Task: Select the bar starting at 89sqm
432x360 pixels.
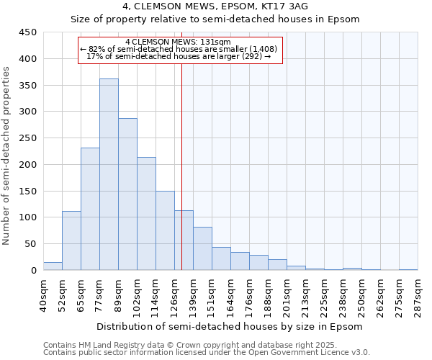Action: (127, 194)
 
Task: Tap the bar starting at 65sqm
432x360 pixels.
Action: (90, 209)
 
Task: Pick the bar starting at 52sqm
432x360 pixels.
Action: (71, 240)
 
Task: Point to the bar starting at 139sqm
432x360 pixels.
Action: (202, 248)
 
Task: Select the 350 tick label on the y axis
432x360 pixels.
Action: (27, 86)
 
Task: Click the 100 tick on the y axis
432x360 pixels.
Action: (27, 217)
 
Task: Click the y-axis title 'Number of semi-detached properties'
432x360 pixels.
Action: (7, 156)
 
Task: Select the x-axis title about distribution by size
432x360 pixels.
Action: (230, 326)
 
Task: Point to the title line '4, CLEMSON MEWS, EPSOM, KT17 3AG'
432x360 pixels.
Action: (215, 6)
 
